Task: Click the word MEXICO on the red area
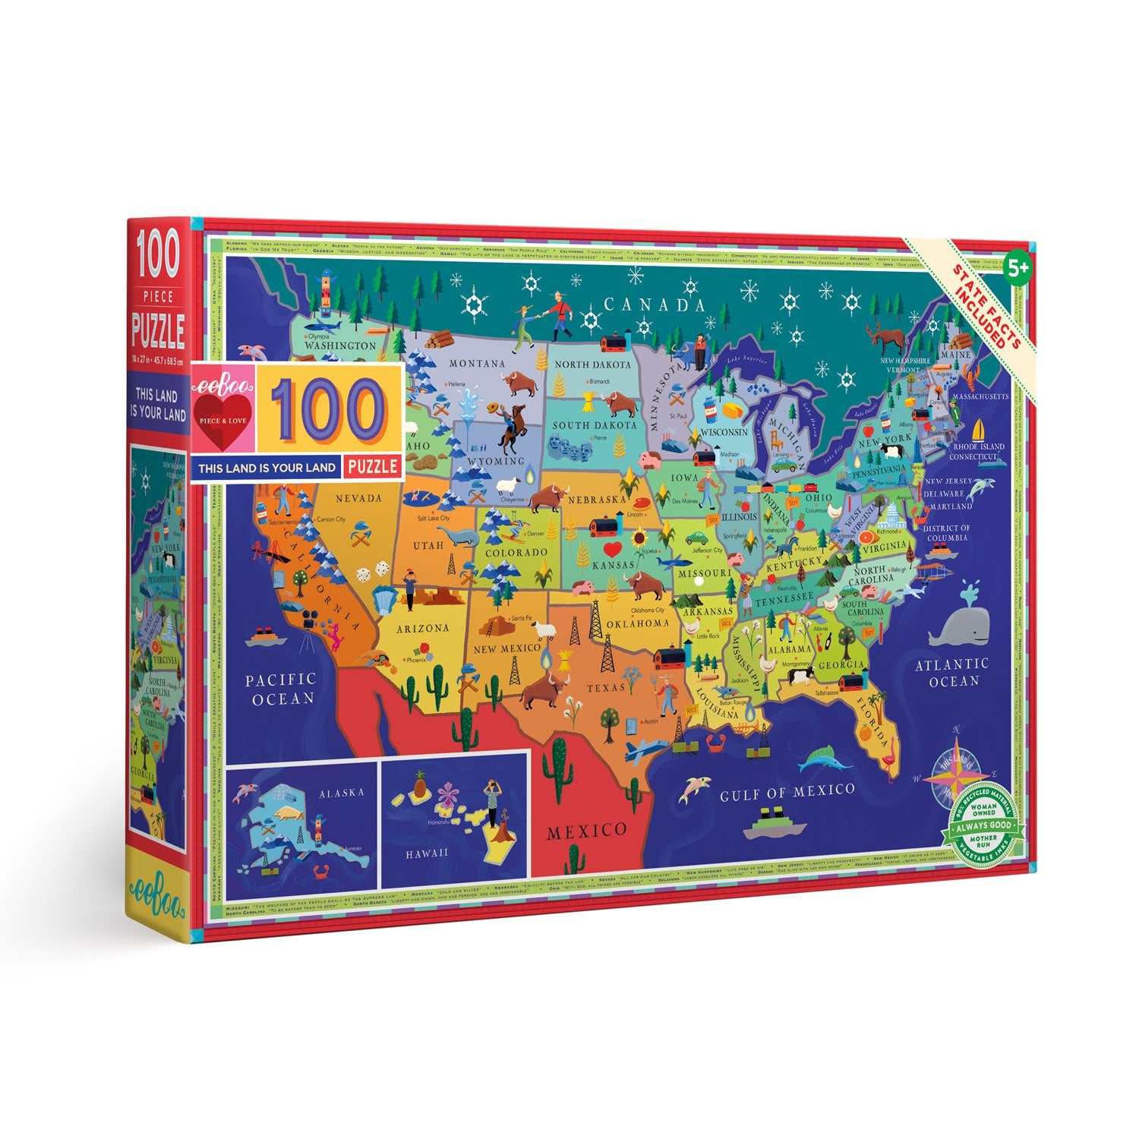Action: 587,830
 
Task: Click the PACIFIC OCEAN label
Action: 280,688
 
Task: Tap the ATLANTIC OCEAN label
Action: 951,672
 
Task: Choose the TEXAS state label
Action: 605,688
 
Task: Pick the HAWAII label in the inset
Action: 426,853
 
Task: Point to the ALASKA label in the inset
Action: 341,792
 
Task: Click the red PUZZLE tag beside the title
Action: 372,465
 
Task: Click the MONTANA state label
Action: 477,364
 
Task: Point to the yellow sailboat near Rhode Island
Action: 983,431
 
